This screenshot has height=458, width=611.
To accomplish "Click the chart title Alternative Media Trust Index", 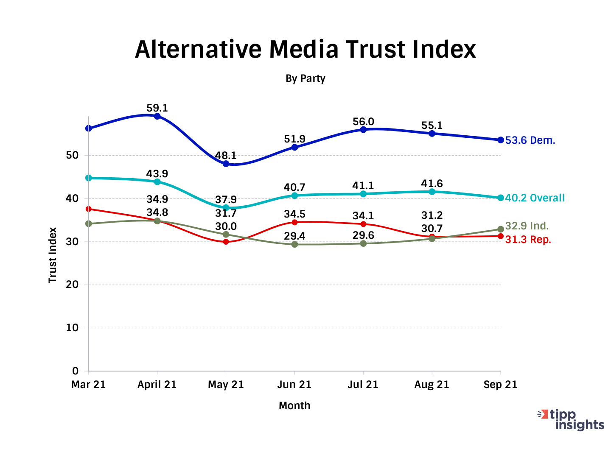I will [305, 50].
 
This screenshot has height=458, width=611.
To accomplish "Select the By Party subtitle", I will [305, 78].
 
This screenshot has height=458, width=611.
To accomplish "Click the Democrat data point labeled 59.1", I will [157, 116].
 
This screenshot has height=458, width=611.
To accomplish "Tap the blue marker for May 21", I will [226, 164].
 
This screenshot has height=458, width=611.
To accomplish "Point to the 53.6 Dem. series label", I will [530, 140].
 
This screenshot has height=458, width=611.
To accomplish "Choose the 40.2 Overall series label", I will [535, 198].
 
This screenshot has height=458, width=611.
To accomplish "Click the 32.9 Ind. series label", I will [527, 226].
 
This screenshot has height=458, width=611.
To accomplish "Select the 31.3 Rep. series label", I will [528, 240].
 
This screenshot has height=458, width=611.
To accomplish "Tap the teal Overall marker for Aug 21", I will [432, 192].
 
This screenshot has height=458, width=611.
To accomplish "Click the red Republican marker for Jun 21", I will [294, 222].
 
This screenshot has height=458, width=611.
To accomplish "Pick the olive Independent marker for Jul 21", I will [363, 243].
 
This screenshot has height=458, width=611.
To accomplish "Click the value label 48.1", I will [226, 155].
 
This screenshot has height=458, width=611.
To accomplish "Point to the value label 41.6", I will [432, 184].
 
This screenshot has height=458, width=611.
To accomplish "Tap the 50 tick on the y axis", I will [73, 155].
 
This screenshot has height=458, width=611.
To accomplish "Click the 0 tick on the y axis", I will [76, 371].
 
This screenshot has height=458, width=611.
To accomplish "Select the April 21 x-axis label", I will [157, 385].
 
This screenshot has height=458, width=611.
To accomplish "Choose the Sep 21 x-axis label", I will [501, 385].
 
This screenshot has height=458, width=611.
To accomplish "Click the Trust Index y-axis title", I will [53, 255].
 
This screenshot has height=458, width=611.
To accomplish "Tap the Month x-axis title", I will [294, 406].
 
